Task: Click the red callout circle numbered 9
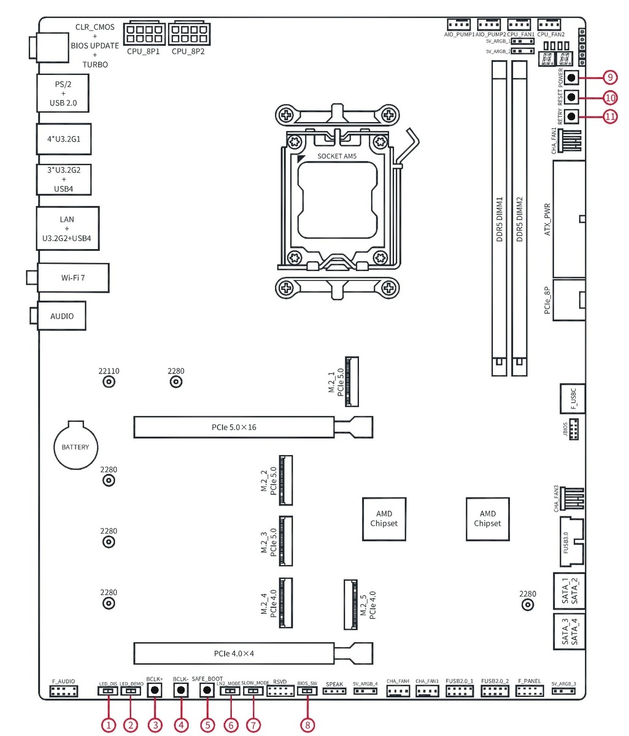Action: (x=610, y=77)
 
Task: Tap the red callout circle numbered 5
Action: (x=207, y=724)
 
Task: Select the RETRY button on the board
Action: (x=571, y=117)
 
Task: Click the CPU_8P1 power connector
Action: (x=144, y=33)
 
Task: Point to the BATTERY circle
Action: (x=75, y=447)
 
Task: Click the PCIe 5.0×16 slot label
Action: (x=234, y=427)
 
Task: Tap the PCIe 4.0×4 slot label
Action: (x=234, y=653)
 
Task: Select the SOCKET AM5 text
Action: (x=337, y=156)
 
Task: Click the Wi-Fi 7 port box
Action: (x=73, y=278)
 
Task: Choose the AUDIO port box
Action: (x=61, y=316)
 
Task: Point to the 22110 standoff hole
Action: (x=109, y=382)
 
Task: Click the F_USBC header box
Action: (x=573, y=399)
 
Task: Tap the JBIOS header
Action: (x=574, y=429)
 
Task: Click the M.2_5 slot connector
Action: (x=350, y=604)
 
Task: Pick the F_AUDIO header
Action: (x=64, y=692)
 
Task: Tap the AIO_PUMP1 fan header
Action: (x=458, y=25)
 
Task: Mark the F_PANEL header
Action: (x=529, y=691)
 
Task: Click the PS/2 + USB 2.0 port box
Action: (x=63, y=93)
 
